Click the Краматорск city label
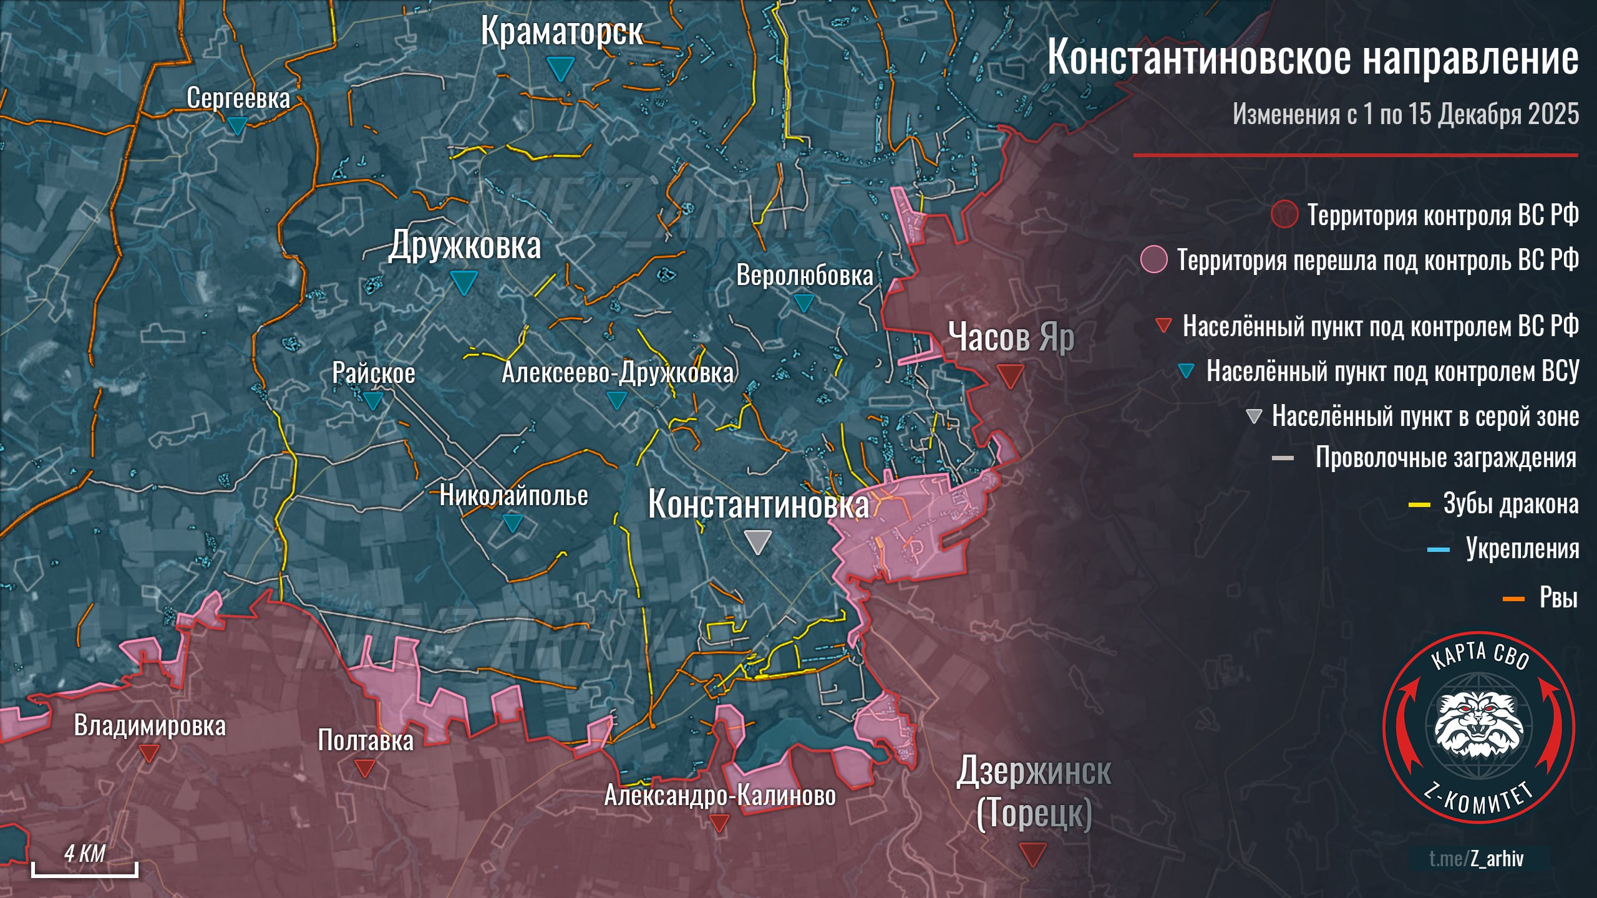tap(561, 31)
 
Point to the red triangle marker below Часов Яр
tap(1010, 376)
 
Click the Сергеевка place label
tap(238, 98)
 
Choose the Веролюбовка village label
tap(804, 275)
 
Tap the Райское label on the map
tap(373, 373)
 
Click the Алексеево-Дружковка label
tap(618, 373)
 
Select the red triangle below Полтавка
tap(364, 768)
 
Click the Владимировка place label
tap(150, 726)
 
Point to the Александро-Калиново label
tap(720, 796)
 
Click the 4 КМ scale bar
tap(85, 868)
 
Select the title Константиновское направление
tap(1313, 57)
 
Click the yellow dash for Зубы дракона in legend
tap(1419, 505)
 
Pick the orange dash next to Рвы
tap(1513, 599)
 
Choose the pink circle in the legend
tap(1153, 259)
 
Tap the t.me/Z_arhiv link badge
tap(1476, 859)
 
